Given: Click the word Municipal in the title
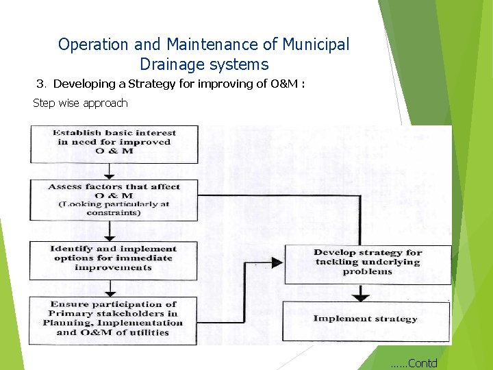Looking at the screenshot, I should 315,45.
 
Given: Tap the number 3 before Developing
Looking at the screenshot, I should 40,84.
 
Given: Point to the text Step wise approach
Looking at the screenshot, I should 80,103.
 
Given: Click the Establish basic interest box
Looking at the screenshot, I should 114,143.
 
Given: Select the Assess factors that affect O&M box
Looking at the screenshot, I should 114,199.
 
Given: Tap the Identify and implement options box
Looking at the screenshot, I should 114,258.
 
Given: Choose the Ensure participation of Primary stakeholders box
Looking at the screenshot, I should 114,319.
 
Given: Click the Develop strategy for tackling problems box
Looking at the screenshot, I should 367,263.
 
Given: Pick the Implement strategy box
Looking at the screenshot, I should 366,319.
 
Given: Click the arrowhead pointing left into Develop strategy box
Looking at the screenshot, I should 275,262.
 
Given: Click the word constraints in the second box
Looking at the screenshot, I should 114,213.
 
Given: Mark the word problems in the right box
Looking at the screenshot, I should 368,272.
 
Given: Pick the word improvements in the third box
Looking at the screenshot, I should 114,267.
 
